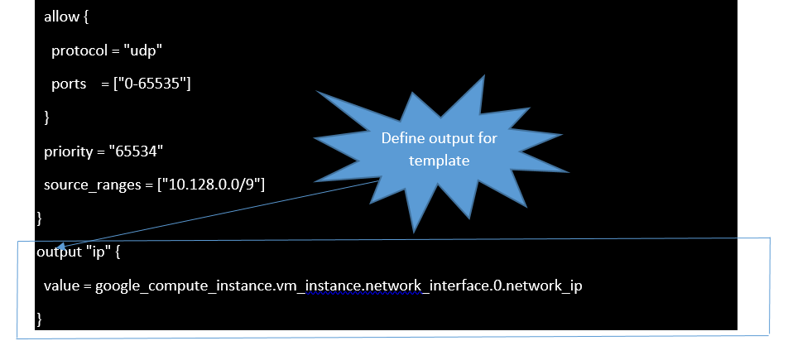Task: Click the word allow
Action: click(61, 17)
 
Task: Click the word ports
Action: click(69, 84)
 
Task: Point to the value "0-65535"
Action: click(152, 84)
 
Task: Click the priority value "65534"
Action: click(137, 151)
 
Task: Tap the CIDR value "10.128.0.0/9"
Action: click(211, 185)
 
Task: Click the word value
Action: click(61, 286)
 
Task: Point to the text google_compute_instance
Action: click(183, 286)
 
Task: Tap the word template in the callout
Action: click(440, 161)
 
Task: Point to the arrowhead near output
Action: click(60, 247)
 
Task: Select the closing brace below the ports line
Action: click(46, 118)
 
